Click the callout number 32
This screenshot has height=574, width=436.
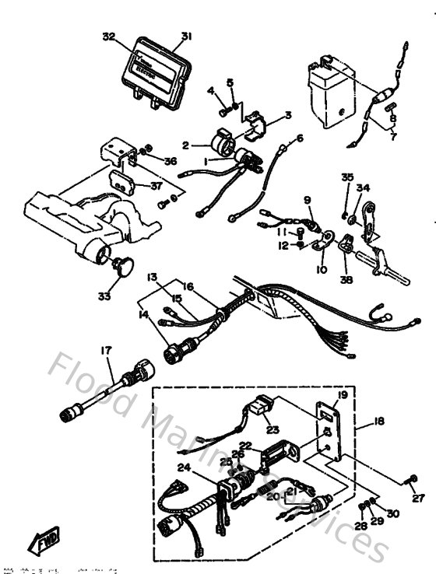pos(108,37)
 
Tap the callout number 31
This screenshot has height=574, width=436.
pos(186,36)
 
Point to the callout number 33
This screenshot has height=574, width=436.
pos(105,296)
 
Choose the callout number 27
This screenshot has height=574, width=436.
pos(418,498)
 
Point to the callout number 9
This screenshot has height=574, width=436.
pos(308,201)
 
